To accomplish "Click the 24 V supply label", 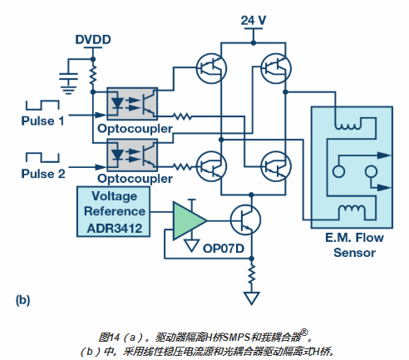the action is [254, 20].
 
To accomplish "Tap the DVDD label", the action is [93, 40].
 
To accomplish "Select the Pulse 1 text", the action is [42, 121].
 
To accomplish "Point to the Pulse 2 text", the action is [43, 174].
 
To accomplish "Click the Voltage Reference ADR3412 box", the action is [113, 211].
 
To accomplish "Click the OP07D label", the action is [224, 249].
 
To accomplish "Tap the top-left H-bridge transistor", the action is [211, 68].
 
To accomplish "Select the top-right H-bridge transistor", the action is [276, 68].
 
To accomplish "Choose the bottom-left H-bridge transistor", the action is [211, 166].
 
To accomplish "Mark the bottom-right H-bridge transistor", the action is [276, 166].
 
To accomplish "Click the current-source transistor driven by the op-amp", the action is [245, 220].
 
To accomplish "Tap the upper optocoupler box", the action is [132, 104].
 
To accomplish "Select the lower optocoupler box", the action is [132, 155].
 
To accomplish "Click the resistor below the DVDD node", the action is [93, 75].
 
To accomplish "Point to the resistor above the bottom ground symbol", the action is [252, 274].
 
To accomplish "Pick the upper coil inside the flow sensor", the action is [348, 126].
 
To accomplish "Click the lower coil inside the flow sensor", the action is [352, 209].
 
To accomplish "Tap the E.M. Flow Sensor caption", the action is [354, 245].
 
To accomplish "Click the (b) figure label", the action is [22, 300].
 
